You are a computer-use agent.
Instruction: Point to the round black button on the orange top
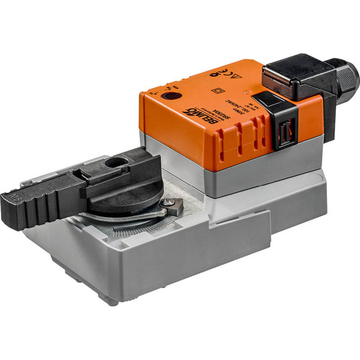pos(173,95)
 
